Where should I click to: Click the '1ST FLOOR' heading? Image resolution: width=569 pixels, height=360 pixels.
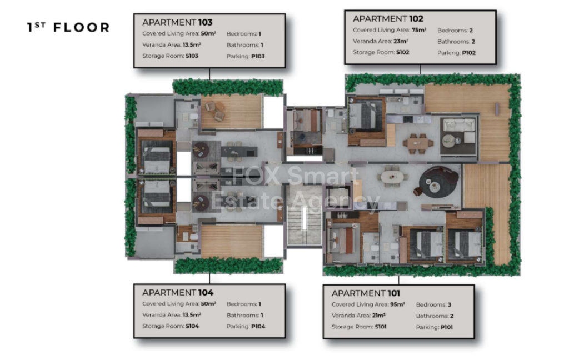pyautogui.click(x=68, y=27)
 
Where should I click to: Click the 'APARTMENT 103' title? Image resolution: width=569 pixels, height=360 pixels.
pyautogui.click(x=177, y=22)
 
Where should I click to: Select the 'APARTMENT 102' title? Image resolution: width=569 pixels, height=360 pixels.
pyautogui.click(x=388, y=19)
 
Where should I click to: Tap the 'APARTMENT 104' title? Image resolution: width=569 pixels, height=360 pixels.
pyautogui.click(x=178, y=292)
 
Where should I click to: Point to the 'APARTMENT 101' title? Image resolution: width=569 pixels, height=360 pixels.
pyautogui.click(x=366, y=293)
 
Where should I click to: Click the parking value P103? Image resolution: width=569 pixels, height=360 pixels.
pyautogui.click(x=258, y=56)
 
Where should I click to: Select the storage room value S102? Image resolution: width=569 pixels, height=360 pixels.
pyautogui.click(x=403, y=52)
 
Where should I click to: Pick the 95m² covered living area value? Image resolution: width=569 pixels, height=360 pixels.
pyautogui.click(x=397, y=304)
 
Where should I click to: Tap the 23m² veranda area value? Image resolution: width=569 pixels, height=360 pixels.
pyautogui.click(x=401, y=41)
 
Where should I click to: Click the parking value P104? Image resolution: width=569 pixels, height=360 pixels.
pyautogui.click(x=258, y=326)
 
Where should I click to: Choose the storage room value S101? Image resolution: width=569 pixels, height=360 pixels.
pyautogui.click(x=380, y=327)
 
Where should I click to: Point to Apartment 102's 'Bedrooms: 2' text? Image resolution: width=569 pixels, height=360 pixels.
pyautogui.click(x=455, y=31)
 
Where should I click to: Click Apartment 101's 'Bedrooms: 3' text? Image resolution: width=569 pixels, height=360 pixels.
pyautogui.click(x=433, y=305)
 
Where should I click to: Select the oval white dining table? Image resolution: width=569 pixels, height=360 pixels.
pyautogui.click(x=392, y=177)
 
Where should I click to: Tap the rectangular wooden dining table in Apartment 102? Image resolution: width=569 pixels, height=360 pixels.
pyautogui.click(x=418, y=143)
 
